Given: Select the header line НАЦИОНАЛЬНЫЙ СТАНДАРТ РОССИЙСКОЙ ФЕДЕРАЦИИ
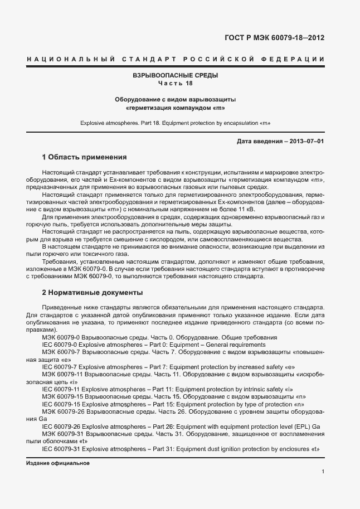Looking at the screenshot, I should [176, 59].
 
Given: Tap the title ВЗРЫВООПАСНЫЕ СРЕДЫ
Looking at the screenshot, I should [175, 75].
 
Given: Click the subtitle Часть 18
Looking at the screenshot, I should [175, 83].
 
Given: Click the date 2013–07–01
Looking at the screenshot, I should [304, 141].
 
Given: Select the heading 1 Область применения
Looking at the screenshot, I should [85, 157].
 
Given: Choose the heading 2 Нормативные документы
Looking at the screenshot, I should [92, 292].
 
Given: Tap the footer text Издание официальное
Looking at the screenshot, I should [57, 463].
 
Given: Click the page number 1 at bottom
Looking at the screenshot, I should [323, 472].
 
